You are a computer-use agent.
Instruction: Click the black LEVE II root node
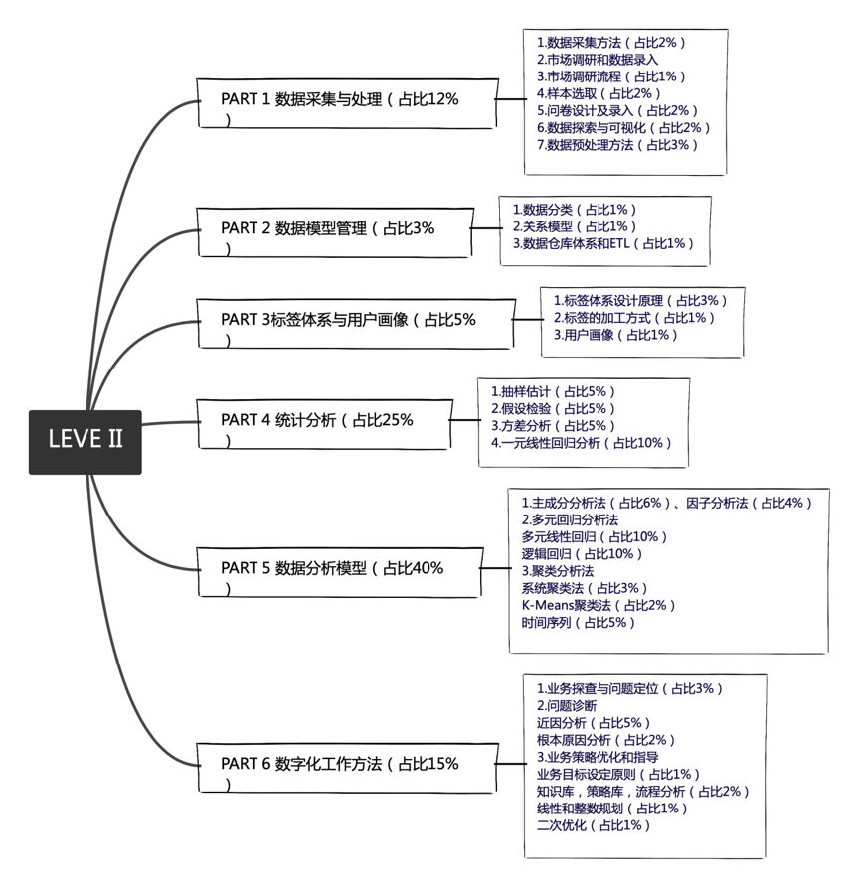[x=85, y=441]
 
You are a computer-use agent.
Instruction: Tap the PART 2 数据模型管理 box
[x=332, y=230]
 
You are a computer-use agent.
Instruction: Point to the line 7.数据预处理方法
[x=617, y=145]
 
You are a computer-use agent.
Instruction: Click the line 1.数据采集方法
[x=610, y=43]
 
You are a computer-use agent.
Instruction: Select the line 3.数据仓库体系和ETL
[x=602, y=243]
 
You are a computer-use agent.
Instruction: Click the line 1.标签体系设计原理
[x=640, y=300]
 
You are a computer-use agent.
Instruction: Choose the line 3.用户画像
[x=615, y=335]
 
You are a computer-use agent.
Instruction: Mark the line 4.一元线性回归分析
[x=581, y=443]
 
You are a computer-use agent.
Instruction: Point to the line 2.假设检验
[x=553, y=408]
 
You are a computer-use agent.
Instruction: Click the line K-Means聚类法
[x=599, y=605]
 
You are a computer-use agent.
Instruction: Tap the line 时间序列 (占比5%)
[x=578, y=623]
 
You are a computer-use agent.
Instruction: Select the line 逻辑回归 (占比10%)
[x=583, y=553]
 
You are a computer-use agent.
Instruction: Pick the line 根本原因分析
[x=605, y=740]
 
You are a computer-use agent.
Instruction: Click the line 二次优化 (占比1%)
[x=594, y=825]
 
